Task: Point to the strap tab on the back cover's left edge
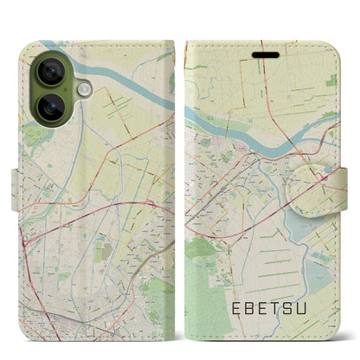tap(18, 181)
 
